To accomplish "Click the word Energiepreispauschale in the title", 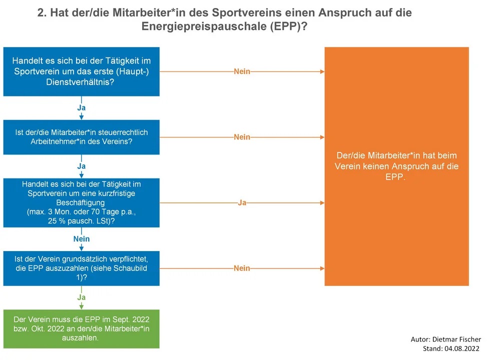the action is [x=204, y=26].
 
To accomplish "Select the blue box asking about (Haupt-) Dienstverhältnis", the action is [x=81, y=71].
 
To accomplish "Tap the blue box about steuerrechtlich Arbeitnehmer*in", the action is [x=81, y=137].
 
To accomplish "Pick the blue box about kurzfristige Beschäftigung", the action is [x=81, y=202].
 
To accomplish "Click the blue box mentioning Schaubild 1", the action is [x=81, y=268].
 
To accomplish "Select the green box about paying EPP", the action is [x=81, y=329].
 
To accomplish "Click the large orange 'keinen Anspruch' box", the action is [x=396, y=166].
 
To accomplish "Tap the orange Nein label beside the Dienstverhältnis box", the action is [x=242, y=71].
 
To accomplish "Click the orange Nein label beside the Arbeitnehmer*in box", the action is [x=242, y=137].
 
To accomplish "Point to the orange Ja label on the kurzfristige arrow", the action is [x=242, y=202].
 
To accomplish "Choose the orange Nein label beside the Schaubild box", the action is [x=242, y=268].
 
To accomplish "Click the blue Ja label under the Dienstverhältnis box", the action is [x=81, y=107].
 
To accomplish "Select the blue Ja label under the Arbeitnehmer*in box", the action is [x=81, y=166].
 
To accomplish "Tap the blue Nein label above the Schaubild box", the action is [x=81, y=239].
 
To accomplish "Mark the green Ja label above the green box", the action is [x=81, y=297].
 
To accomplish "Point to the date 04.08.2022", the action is [x=462, y=348].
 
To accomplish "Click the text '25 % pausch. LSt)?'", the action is [x=81, y=221].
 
